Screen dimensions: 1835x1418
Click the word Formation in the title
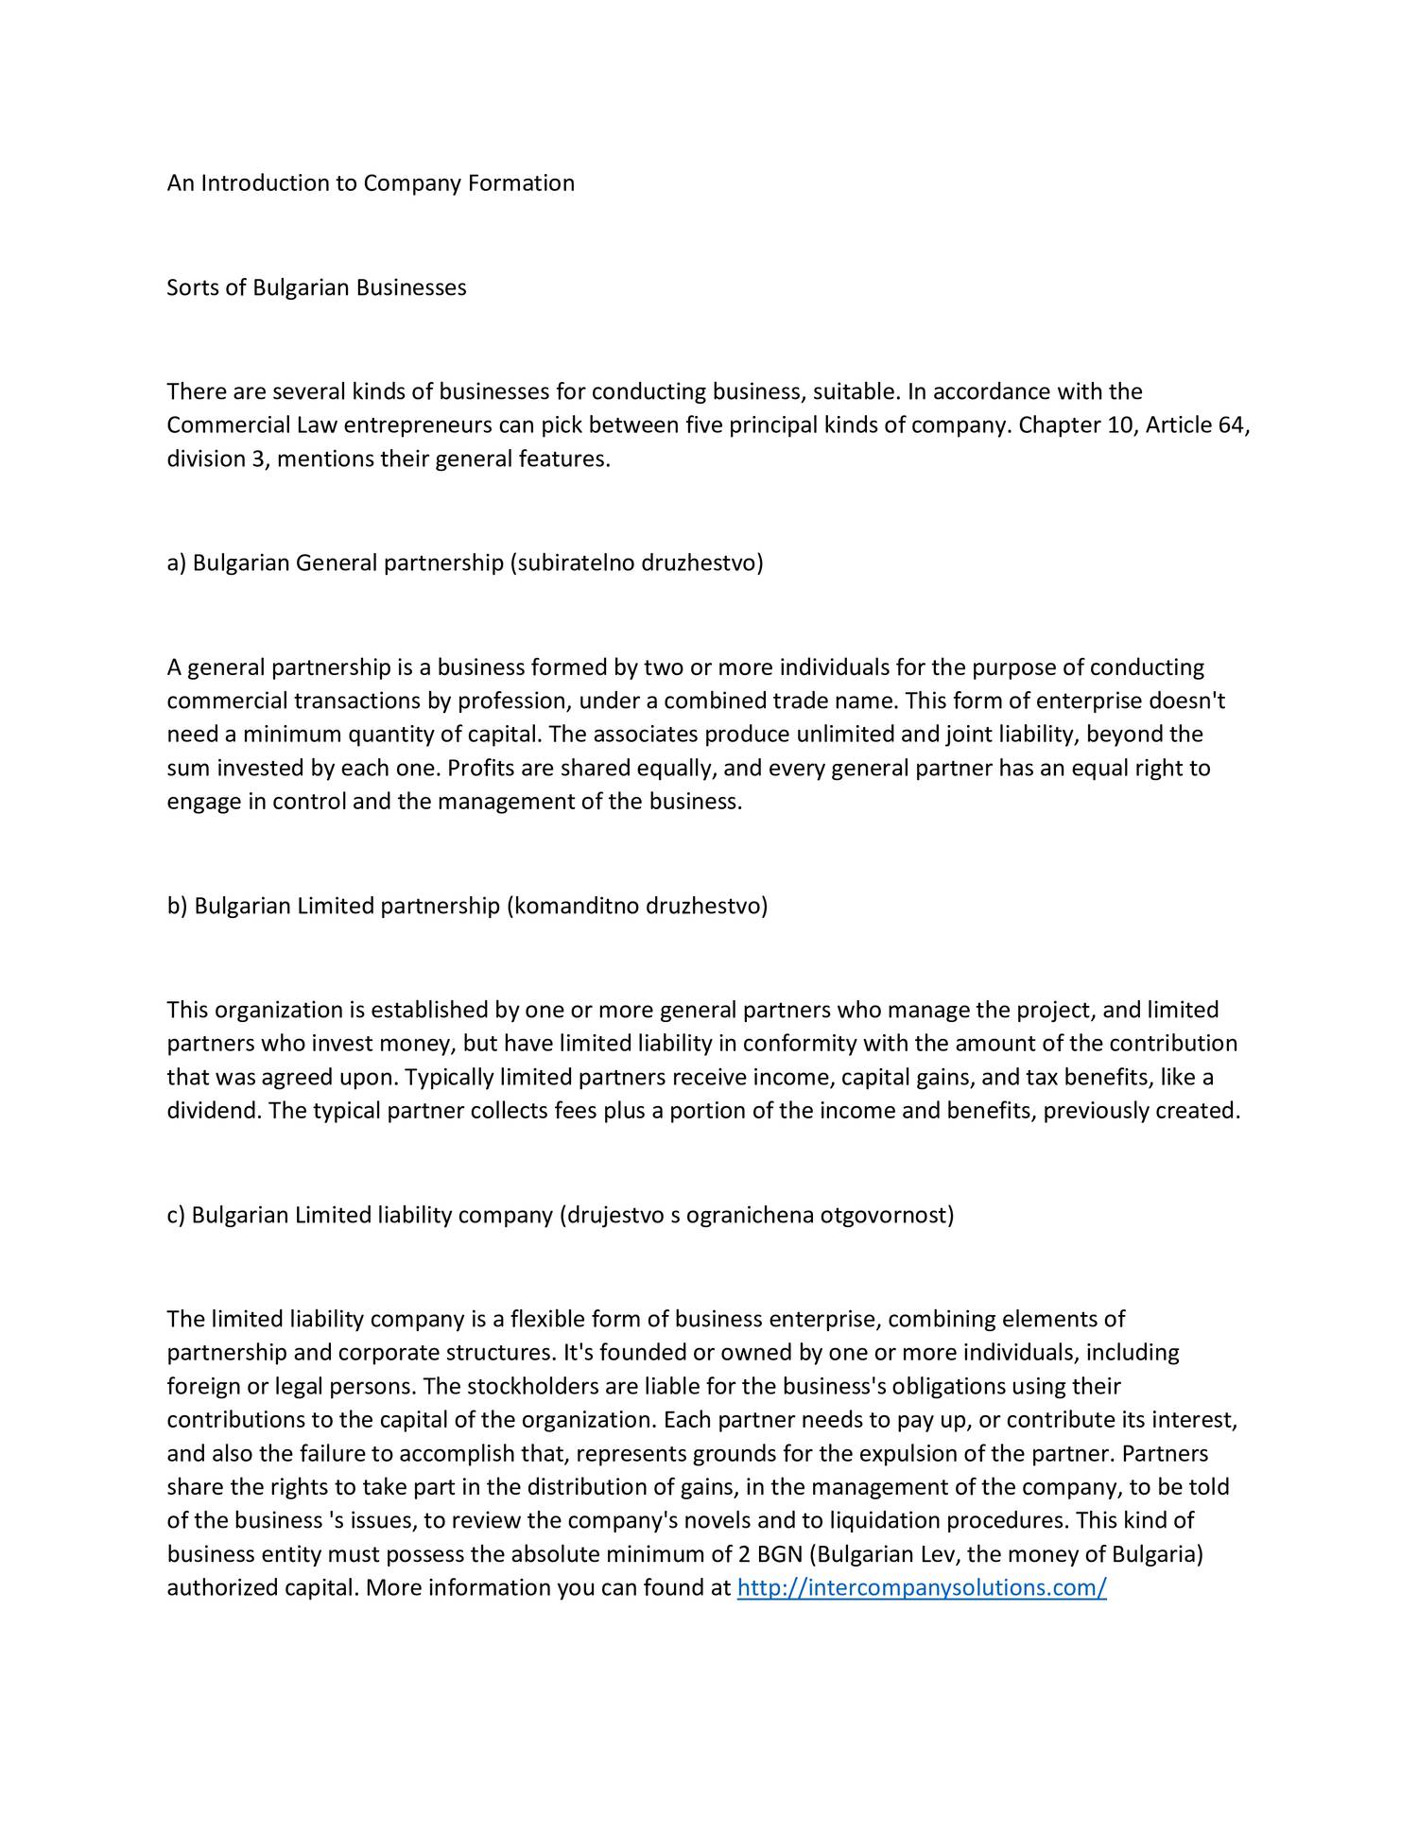coord(521,183)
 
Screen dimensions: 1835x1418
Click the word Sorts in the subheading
coord(193,287)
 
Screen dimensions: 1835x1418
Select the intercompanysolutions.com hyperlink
coord(921,1587)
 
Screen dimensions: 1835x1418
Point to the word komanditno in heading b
coord(576,907)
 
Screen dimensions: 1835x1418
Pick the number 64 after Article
coord(1232,425)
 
